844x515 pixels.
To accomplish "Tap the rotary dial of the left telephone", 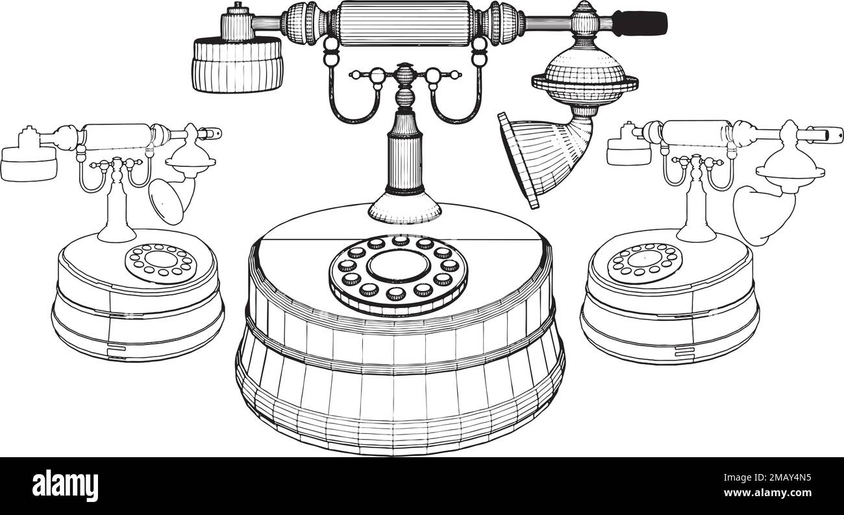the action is click(x=161, y=264).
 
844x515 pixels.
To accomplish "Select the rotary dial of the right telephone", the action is click(x=645, y=264).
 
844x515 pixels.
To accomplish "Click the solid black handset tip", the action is click(x=639, y=23).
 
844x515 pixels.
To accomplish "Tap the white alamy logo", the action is click(x=65, y=486).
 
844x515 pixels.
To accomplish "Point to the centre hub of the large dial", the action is click(x=399, y=266).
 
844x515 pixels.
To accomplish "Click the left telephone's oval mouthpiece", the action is click(x=167, y=201).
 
